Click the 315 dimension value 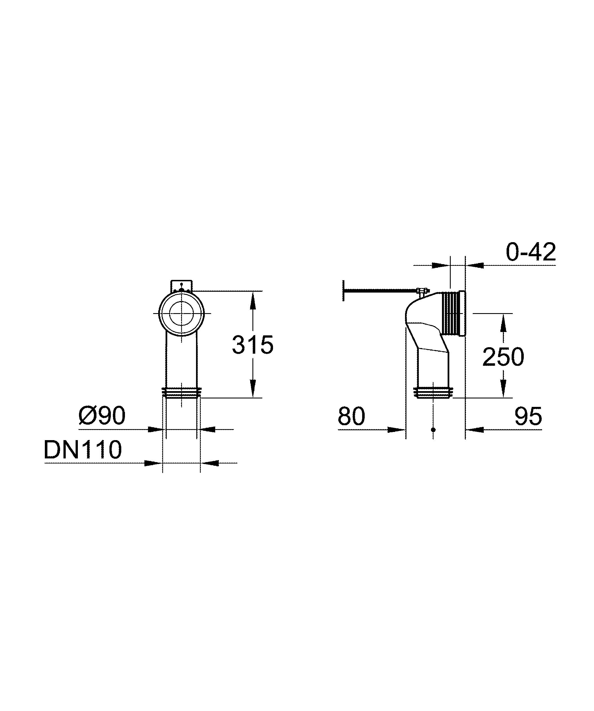coord(253,345)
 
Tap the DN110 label coord(83,450)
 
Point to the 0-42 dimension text coord(531,252)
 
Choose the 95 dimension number coord(528,416)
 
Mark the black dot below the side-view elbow coord(433,430)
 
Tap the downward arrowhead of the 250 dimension coord(503,389)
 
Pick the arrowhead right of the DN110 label coord(153,463)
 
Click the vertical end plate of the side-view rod coord(344,290)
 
